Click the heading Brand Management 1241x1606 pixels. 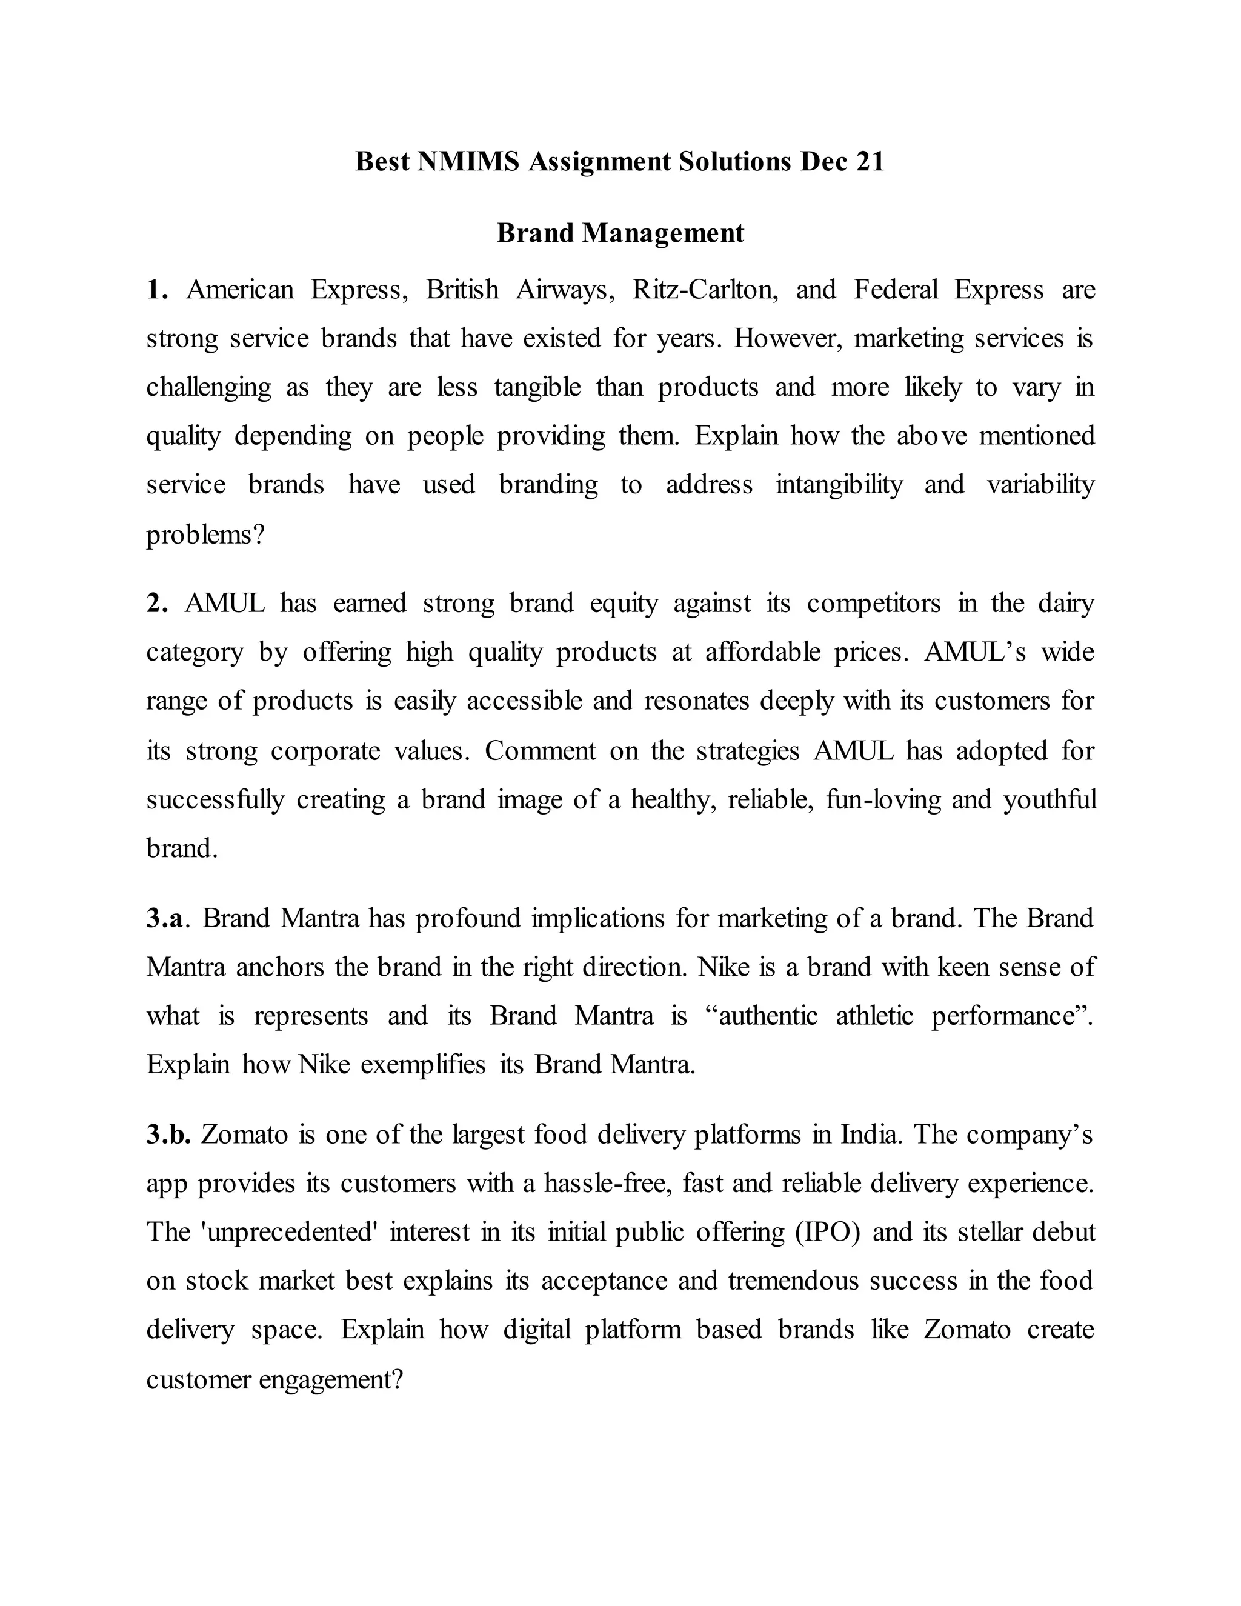click(620, 233)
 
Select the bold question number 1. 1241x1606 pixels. click(156, 290)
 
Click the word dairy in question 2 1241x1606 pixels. click(1066, 604)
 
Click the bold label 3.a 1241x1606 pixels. click(165, 918)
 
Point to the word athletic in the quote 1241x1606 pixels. click(874, 1016)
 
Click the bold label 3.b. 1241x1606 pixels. click(168, 1135)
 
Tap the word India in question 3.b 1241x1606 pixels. click(871, 1135)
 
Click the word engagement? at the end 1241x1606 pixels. click(331, 1379)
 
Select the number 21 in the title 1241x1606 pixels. click(869, 161)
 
